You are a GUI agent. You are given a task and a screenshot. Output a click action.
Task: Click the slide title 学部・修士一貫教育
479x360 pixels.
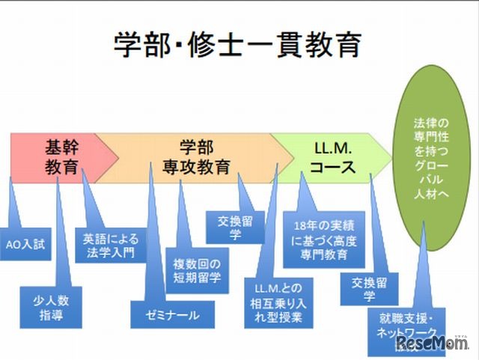coord(238,45)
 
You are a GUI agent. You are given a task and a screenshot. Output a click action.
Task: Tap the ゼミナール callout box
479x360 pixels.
coord(172,315)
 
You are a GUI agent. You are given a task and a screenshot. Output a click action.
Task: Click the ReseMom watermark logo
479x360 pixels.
coord(433,344)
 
